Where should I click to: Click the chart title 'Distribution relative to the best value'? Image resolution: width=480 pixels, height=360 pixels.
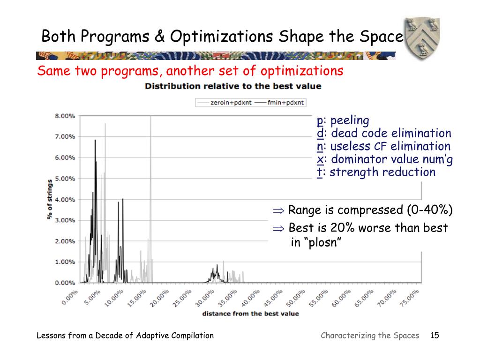(233, 86)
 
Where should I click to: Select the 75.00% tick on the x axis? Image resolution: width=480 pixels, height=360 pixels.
(411, 297)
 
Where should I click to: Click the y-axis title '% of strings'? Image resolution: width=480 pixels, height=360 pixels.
(49, 199)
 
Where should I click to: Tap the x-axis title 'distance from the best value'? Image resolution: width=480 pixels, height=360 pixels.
(250, 314)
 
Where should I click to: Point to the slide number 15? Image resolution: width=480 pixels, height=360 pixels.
(434, 335)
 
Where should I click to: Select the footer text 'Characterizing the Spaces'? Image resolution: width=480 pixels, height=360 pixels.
(370, 335)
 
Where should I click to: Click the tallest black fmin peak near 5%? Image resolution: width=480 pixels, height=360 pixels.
(95, 141)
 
